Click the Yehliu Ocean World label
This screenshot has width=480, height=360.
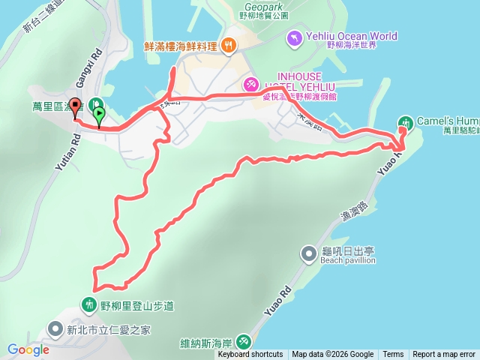[x=351, y=36]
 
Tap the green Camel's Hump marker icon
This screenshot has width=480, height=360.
[x=406, y=121]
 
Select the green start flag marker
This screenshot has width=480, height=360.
[x=100, y=115]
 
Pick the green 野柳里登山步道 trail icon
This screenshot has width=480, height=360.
[x=89, y=304]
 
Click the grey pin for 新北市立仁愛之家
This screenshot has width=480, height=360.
[x=55, y=329]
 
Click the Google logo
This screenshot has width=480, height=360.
[x=28, y=349]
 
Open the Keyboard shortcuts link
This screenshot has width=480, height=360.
[x=250, y=355]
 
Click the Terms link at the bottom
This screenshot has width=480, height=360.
[x=393, y=355]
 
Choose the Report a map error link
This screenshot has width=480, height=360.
[x=444, y=355]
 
